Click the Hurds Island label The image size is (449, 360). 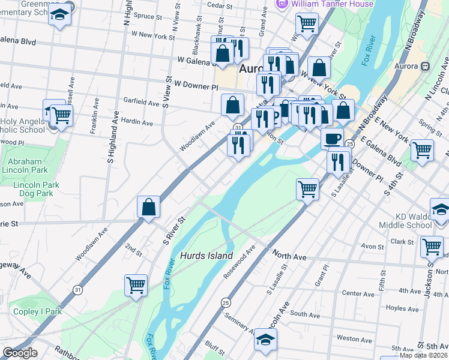click(x=206, y=256)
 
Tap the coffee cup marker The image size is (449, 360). click(x=332, y=139)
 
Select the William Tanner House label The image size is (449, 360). click(x=331, y=4)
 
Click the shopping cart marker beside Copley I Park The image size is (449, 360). click(x=136, y=285)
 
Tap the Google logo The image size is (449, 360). click(x=20, y=352)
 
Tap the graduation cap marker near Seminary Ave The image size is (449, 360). click(x=265, y=340)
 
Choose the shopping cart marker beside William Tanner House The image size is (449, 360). click(x=307, y=24)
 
